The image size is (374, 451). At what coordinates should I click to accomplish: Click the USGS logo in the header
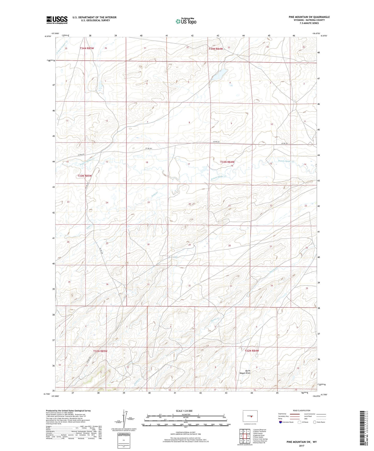pos(57,20)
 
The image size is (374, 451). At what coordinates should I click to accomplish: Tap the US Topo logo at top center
pos(186,21)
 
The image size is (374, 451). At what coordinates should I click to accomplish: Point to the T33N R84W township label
pos(227,162)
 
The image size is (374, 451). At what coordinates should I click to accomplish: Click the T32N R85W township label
pos(100,351)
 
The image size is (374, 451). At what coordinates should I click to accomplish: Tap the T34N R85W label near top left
pos(87,48)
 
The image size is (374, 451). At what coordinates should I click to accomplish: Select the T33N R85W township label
pos(85,176)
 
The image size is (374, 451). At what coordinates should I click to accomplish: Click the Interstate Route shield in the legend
pos(281,422)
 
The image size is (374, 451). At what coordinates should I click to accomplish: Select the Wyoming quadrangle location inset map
pos(250,416)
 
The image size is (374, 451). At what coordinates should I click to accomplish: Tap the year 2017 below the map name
pos(301,446)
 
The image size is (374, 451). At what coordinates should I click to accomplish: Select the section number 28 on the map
pos(229,246)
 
